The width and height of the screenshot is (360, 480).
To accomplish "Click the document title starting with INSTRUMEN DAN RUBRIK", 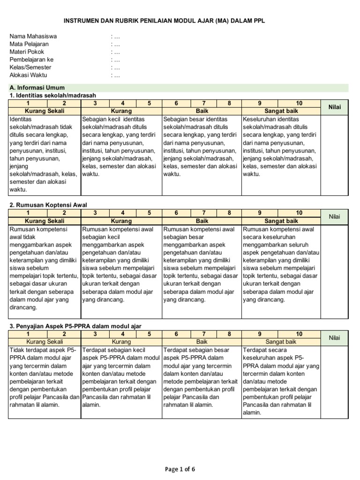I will [167, 22].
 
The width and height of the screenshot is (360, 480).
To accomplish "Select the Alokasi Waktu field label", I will [28, 75].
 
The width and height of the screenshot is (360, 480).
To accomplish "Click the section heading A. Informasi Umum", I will [37, 88].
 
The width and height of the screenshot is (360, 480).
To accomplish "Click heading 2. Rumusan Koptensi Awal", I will [48, 205].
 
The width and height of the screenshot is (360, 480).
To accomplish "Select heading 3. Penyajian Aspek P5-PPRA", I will [75, 326].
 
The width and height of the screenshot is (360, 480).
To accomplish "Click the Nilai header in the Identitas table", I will [335, 107].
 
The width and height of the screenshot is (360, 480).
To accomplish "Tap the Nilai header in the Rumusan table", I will [335, 217].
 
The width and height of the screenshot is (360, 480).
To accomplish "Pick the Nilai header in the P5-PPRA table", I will [335, 337].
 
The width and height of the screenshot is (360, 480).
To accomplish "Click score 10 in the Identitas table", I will [300, 104].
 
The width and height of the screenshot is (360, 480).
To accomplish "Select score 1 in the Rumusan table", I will [28, 213].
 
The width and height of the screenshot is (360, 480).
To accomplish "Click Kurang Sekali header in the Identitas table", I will [45, 111].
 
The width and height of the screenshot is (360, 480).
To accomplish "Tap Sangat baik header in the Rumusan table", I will [281, 220].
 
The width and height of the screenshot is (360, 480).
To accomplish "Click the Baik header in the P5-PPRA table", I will [202, 342].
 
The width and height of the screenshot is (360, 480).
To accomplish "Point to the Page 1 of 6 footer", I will [180, 469].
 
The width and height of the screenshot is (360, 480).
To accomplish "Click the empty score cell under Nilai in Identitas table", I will [335, 155].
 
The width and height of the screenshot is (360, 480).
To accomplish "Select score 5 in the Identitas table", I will [149, 104].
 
